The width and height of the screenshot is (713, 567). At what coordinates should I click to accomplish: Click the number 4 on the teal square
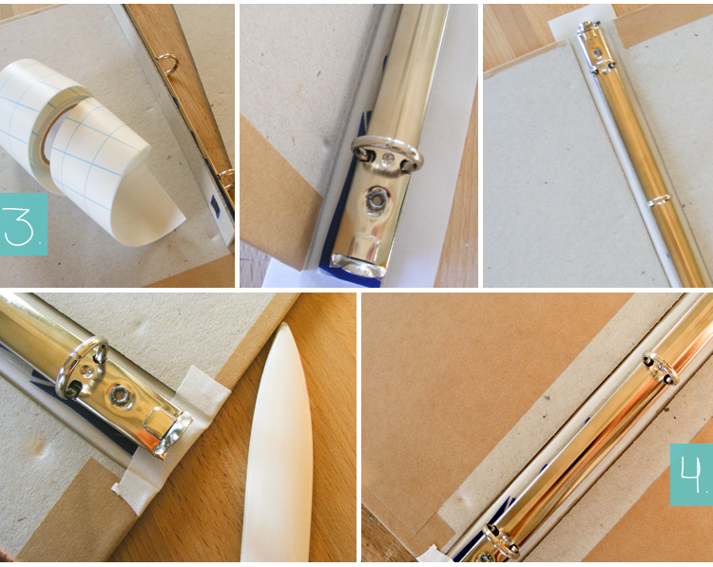[x=690, y=474]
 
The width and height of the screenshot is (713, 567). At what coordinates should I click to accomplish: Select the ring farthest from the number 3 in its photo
[x=167, y=64]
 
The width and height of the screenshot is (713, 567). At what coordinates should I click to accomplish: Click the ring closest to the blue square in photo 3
[x=227, y=179]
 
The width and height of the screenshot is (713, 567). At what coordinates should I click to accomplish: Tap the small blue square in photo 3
[x=215, y=206]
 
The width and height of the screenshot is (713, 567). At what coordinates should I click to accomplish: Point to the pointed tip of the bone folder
[x=283, y=324]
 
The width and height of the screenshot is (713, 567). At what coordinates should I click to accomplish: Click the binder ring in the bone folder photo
[x=81, y=367]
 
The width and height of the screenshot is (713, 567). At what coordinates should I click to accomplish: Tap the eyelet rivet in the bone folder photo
[x=121, y=395]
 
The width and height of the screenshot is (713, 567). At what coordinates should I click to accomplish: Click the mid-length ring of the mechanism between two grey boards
[x=659, y=200]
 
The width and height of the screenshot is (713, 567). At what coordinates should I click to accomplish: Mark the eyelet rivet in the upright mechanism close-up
[x=376, y=198]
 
